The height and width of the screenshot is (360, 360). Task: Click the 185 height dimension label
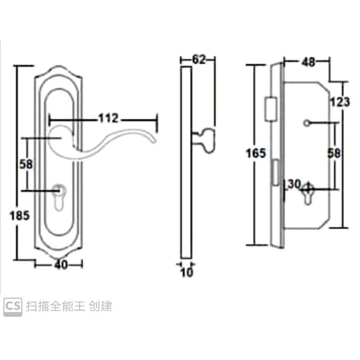tap(20, 216)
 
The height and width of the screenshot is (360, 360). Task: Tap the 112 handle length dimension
tap(108, 118)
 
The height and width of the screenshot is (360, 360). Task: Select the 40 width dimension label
tap(61, 265)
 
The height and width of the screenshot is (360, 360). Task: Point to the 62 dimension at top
tap(198, 60)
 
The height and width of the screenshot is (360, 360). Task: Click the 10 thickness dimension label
tap(187, 273)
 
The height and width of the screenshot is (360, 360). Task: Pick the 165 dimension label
tap(256, 153)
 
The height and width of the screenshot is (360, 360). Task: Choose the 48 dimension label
tap(308, 62)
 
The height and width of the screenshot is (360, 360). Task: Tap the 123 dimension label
tap(340, 102)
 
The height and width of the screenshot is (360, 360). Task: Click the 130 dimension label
tap(292, 184)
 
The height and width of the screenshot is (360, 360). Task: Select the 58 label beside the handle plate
tap(26, 164)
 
